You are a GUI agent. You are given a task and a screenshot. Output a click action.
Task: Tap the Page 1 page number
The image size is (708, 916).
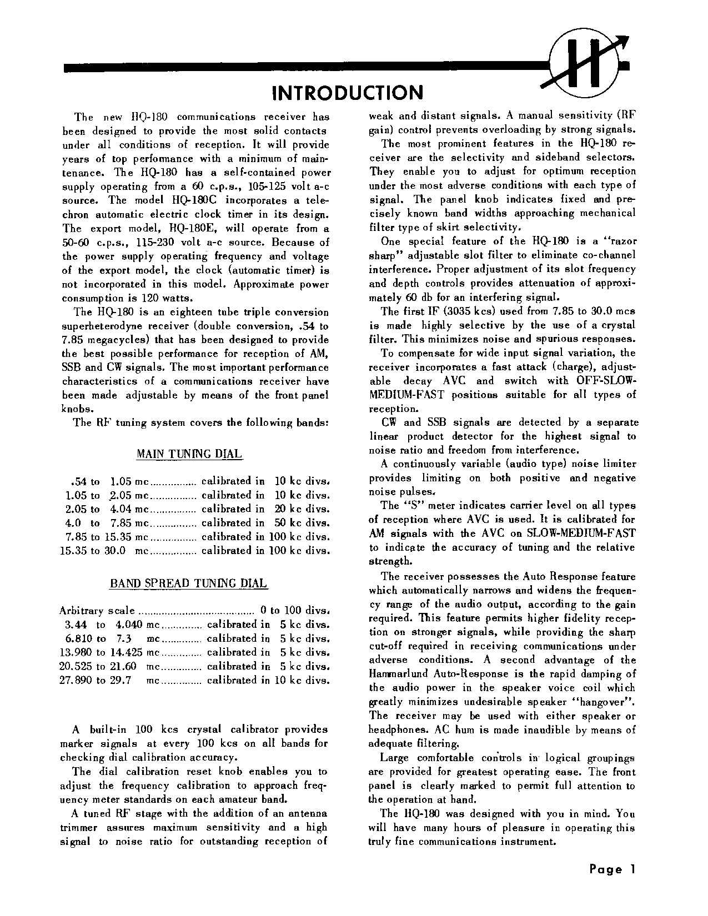(612, 869)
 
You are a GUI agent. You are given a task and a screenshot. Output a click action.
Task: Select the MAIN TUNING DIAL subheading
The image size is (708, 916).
(189, 454)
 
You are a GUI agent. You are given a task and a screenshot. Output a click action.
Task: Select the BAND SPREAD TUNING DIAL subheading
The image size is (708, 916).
(188, 583)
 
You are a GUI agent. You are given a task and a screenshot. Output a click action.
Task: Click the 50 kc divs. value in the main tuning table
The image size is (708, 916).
(302, 523)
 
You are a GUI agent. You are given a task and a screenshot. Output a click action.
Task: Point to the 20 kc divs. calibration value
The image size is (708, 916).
(302, 509)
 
